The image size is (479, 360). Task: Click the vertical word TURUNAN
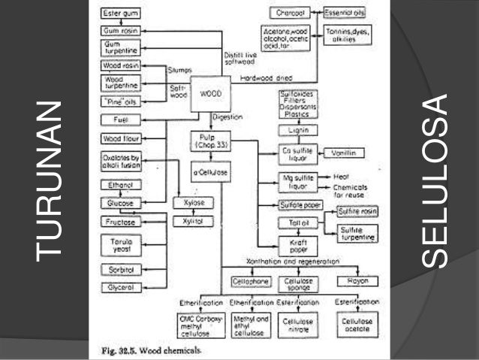click(47, 180)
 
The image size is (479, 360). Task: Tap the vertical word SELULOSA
click(434, 180)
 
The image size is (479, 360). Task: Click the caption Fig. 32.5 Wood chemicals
click(147, 352)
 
